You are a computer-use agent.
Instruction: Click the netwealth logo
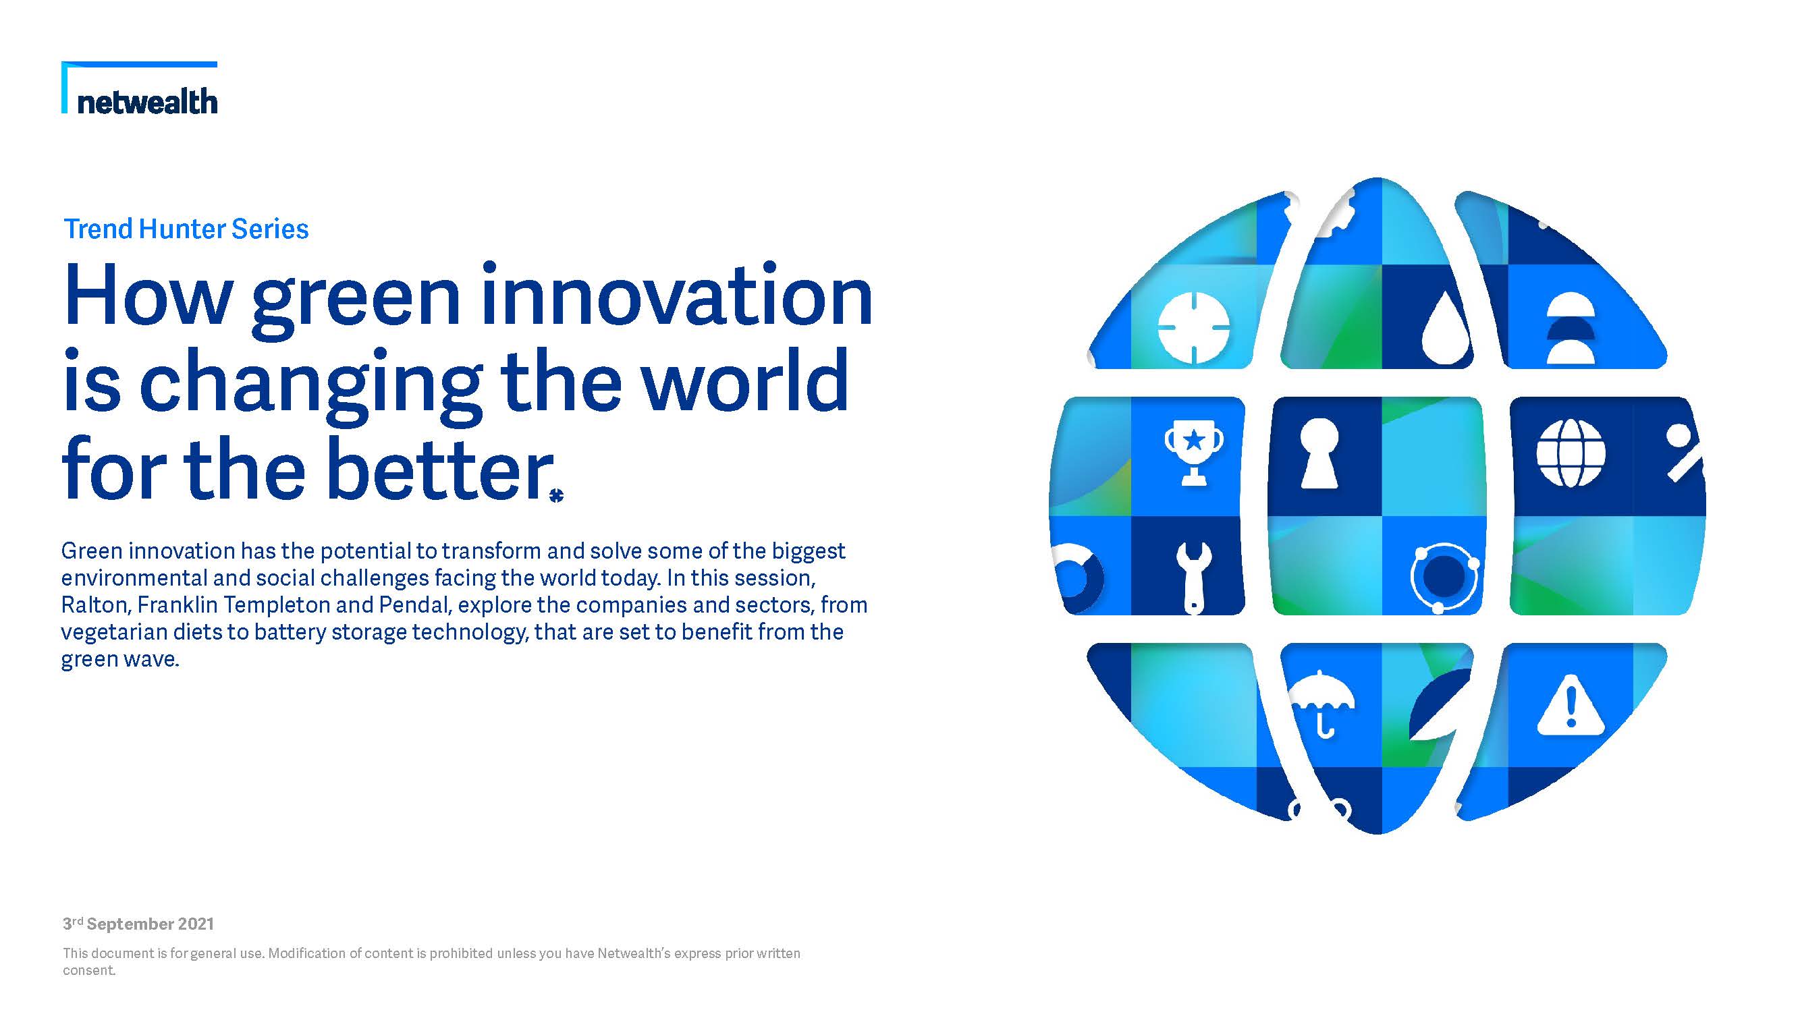pyautogui.click(x=139, y=88)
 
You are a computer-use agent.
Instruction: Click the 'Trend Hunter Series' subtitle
pyautogui.click(x=186, y=229)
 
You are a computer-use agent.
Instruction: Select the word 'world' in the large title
pyautogui.click(x=745, y=381)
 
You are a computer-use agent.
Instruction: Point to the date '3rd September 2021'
pyautogui.click(x=138, y=924)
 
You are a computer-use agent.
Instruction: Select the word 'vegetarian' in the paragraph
pyautogui.click(x=114, y=633)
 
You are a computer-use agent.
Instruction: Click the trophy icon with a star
pyautogui.click(x=1194, y=453)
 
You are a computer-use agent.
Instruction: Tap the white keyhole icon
pyautogui.click(x=1319, y=453)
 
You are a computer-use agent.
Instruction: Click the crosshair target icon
pyautogui.click(x=1193, y=329)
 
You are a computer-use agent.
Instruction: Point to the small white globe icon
pyautogui.click(x=1571, y=453)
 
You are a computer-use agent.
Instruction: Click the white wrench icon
pyautogui.click(x=1193, y=578)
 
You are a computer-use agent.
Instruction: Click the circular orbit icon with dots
pyautogui.click(x=1444, y=578)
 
